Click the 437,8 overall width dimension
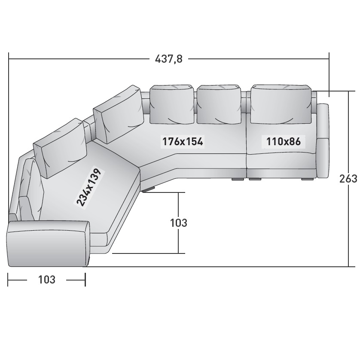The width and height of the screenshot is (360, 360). pos(169,59)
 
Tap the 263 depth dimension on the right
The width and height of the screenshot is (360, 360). pos(349,179)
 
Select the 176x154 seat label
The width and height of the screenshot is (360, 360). pos(183,141)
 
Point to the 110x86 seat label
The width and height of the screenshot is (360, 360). pos(283,141)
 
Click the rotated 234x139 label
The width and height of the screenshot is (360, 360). pos(89,187)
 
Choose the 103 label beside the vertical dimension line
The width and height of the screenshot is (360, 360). pos(178,223)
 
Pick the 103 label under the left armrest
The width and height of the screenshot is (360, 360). pos(46,280)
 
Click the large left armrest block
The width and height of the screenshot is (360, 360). pos(48,244)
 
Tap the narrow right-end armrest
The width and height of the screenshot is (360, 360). pos(323,141)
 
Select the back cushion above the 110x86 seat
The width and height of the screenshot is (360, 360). pos(281,104)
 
